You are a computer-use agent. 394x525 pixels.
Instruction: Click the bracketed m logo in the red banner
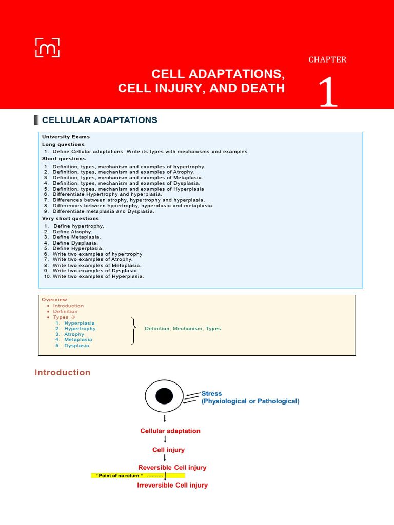pos(47,47)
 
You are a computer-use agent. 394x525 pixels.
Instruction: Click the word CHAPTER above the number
pos(327,59)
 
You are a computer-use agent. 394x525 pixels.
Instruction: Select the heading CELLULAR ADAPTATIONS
pos(100,120)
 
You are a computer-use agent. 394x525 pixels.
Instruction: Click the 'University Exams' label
pos(66,137)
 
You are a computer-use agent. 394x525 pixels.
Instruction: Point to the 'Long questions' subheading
pos(63,144)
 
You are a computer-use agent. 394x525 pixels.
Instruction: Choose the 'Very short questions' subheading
pos(70,218)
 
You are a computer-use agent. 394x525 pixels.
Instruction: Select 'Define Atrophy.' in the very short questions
pos(72,231)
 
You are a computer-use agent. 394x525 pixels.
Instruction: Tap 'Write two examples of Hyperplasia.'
pos(98,276)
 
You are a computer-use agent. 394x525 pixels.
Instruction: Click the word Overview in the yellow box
pos(54,300)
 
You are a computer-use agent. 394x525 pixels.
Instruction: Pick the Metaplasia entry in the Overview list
pos(78,339)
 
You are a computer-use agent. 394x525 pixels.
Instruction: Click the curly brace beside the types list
pos(134,331)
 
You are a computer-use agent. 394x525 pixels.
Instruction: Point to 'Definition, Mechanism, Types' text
pos(183,329)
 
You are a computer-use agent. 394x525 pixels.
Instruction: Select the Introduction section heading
pos(63,373)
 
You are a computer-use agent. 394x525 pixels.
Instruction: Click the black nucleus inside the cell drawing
pos(164,396)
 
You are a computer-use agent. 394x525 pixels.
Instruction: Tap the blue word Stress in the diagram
pos(212,394)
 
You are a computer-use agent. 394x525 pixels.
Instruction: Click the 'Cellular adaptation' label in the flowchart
pos(170,431)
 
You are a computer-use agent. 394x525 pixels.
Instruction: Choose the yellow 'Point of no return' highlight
pos(137,476)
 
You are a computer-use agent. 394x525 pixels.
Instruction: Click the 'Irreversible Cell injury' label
pos(172,485)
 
